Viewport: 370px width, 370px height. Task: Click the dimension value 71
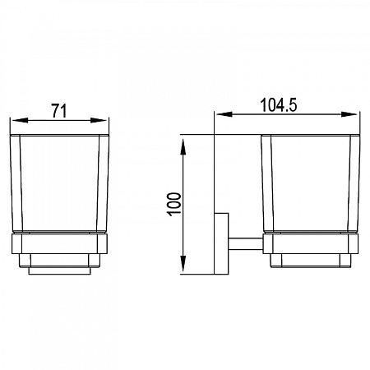pos(59,111)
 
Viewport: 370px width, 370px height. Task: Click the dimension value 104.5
pos(279,105)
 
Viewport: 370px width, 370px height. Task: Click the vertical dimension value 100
pos(174,205)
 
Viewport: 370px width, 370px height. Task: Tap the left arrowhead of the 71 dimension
pos(20,120)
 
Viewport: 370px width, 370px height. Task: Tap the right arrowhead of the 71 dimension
pos(99,120)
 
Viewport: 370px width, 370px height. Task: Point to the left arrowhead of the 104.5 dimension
pos(224,114)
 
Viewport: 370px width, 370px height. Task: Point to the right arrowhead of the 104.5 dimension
pos(349,114)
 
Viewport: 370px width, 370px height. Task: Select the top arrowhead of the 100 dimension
pos(183,147)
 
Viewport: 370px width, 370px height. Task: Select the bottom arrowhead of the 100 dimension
pos(183,263)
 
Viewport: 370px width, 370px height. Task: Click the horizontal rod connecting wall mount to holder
pos(246,243)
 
